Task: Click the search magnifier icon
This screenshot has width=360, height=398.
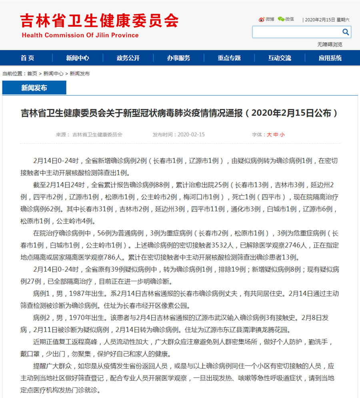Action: point(346,32)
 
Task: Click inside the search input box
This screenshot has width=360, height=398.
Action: point(296,32)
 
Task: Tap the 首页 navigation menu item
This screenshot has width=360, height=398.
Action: point(28,58)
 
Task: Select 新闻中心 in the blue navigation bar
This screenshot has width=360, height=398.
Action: point(78,58)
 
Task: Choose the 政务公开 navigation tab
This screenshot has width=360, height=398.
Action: point(128,58)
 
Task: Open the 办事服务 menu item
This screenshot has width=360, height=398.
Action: point(179,58)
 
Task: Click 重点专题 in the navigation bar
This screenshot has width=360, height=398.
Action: point(229,58)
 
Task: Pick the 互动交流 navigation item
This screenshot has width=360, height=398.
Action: point(280,58)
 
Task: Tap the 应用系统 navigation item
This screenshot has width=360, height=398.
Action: point(330,58)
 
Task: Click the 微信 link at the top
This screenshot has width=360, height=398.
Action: point(286,19)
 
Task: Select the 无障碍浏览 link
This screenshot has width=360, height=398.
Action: point(330,44)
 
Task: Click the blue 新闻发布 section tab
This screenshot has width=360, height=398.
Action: point(34,88)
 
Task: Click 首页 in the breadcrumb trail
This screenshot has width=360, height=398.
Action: point(32,74)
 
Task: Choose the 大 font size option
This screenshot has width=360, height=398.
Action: point(269,135)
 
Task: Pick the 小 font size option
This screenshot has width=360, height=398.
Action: point(282,135)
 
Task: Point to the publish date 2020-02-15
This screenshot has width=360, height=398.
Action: point(191,135)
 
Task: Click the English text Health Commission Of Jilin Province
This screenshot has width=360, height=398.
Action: point(80,35)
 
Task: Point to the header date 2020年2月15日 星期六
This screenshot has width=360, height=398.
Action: point(327,20)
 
